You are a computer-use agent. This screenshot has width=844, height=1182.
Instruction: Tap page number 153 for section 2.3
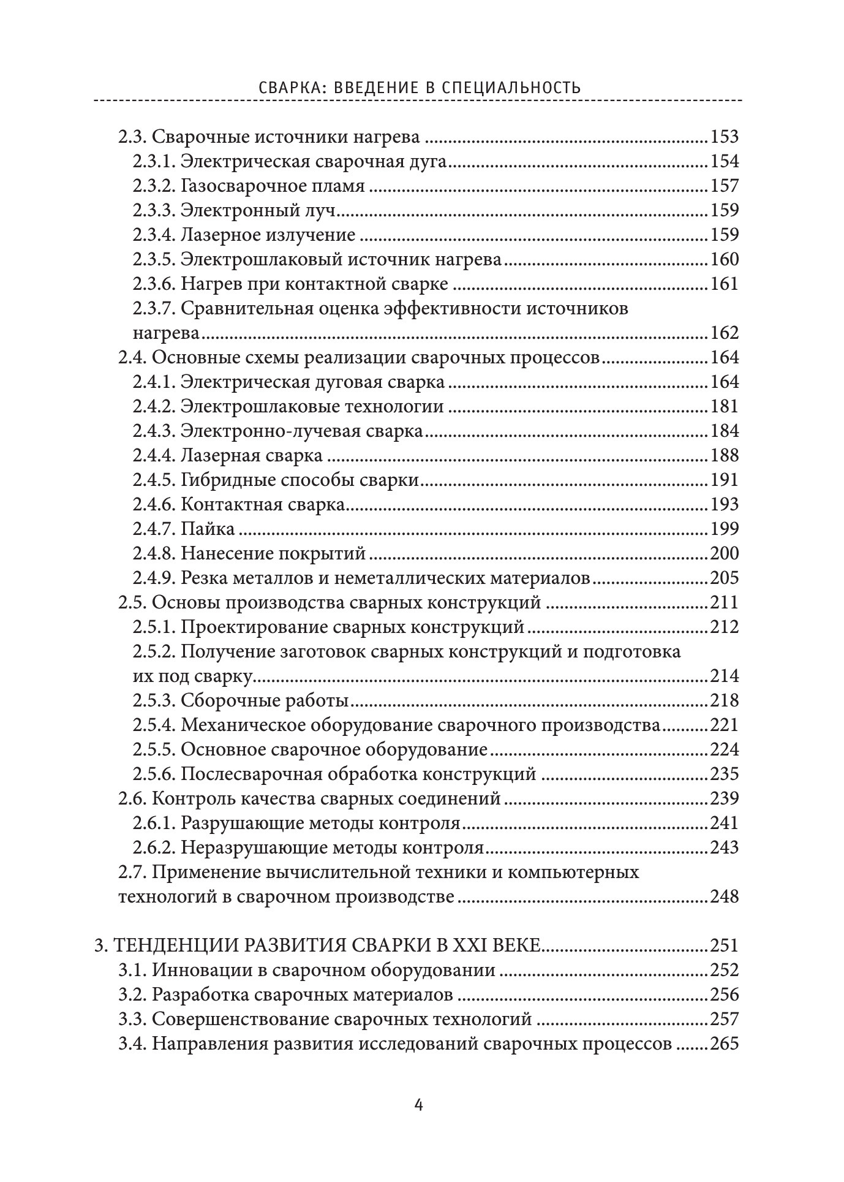(725, 137)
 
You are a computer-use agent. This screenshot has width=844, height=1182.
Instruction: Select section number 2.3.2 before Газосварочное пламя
(154, 186)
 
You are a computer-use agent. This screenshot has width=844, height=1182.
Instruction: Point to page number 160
(725, 259)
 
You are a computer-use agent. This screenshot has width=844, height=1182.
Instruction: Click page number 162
(725, 333)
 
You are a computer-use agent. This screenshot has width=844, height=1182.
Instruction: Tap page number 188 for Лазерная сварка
(725, 455)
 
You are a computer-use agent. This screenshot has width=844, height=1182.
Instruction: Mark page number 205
(725, 578)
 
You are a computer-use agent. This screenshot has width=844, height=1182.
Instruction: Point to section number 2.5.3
(154, 700)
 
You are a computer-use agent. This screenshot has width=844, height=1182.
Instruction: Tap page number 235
(725, 774)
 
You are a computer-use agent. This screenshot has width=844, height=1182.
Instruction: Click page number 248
(725, 896)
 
